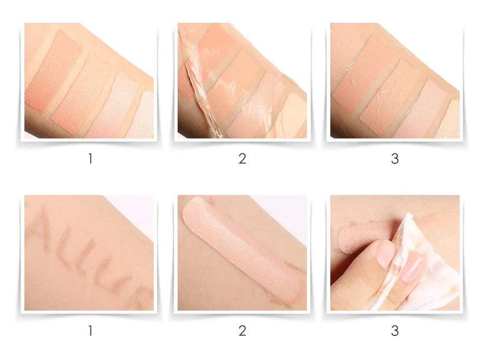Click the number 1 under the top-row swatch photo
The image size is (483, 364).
tap(90, 159)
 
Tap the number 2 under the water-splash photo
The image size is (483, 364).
tap(242, 159)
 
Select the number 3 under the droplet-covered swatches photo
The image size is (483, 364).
tap(395, 159)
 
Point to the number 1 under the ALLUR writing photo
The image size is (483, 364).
tap(90, 331)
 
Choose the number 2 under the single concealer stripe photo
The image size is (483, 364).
tap(242, 331)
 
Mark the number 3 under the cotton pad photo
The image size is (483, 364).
tap(395, 331)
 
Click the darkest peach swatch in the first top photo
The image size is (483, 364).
tap(52, 73)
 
